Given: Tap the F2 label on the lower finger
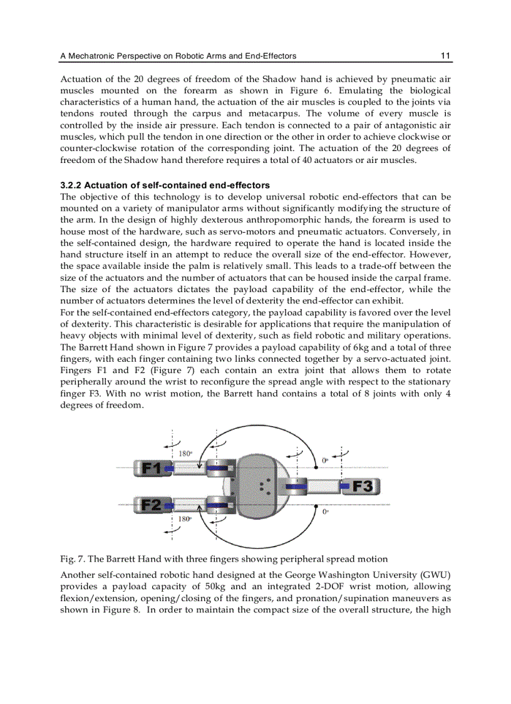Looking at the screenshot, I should pos(150,505).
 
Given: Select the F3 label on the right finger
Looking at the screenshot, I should pos(364,486).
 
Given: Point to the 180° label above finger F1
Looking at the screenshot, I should pos(185,453).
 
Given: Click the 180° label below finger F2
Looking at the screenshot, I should pos(185,519).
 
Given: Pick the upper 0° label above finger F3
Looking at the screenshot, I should pos(325,460).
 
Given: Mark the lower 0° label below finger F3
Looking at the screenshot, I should pos(325,512).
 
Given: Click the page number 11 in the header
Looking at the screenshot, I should pos(446,56).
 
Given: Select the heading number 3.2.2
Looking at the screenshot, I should pos(71,185).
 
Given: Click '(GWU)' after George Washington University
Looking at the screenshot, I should pos(436,575).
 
